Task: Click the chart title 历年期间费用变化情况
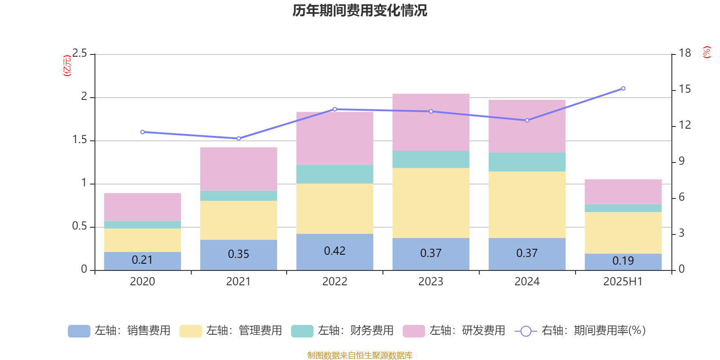coord(360,10)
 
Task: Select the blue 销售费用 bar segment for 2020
coord(143,261)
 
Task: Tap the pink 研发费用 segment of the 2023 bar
coord(431,122)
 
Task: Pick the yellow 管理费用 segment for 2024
coord(527,205)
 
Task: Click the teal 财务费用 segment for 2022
coord(334,174)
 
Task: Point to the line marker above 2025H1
coord(623,88)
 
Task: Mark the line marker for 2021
coord(238,138)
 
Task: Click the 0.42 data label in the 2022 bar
coord(335,251)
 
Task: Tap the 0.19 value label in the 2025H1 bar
coord(623,261)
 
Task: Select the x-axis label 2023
coord(431,282)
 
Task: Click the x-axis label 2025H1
coord(623,282)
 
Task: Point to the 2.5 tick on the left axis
coord(80,54)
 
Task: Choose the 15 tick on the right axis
coord(684,89)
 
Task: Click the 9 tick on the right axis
coord(681,161)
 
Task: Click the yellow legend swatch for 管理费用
coord(190,331)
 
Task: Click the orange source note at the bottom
coord(360,355)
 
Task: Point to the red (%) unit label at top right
coord(706,52)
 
